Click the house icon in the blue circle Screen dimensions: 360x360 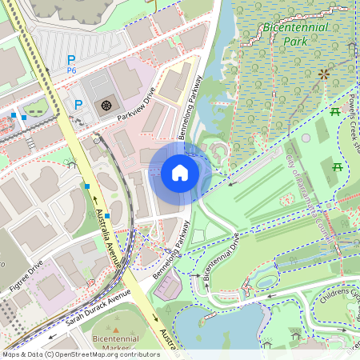coord(180,173)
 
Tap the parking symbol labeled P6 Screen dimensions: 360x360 coord(71,61)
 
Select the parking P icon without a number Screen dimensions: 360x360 coord(78,105)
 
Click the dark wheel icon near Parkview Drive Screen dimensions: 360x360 coord(106,105)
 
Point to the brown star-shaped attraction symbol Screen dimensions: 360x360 coord(324,74)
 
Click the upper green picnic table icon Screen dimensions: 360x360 coord(335,112)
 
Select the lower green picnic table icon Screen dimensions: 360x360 coord(337,166)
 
